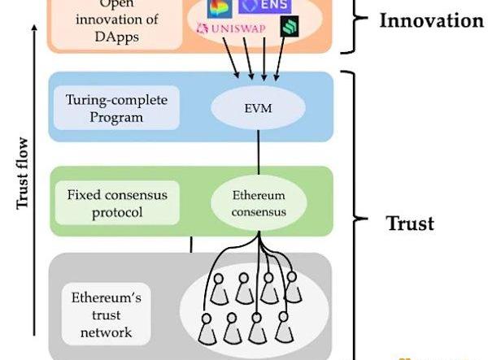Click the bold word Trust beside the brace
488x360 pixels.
408,222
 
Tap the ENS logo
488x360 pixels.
264,7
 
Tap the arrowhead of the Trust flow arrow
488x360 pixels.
33,30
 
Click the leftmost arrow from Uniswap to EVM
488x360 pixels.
233,58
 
